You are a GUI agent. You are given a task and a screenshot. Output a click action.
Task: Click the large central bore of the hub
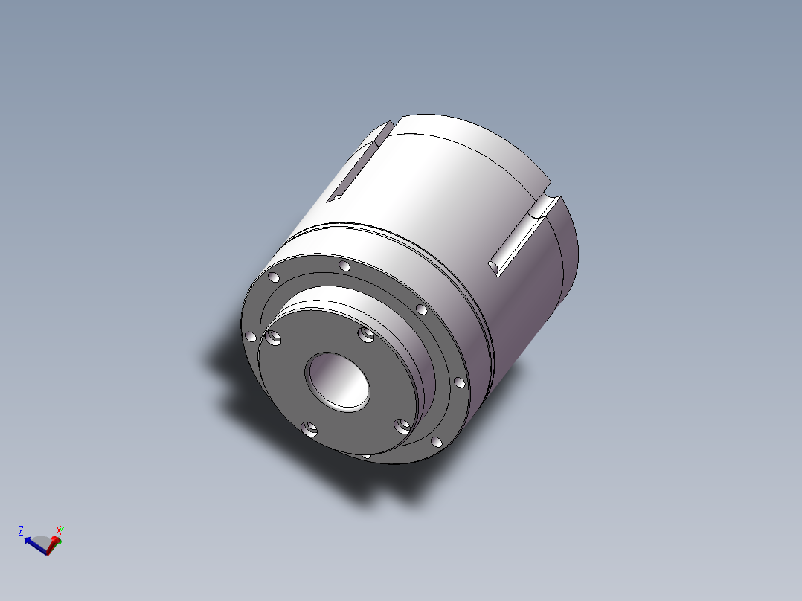click(x=338, y=381)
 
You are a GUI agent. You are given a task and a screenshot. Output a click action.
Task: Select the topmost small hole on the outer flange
click(x=344, y=266)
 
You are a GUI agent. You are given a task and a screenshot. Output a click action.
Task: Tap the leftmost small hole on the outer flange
click(x=251, y=336)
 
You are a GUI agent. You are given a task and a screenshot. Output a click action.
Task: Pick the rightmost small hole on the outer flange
click(x=459, y=382)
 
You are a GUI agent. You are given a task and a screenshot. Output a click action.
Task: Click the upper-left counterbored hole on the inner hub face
click(x=274, y=338)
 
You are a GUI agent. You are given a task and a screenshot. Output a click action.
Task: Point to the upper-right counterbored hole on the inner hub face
click(x=366, y=335)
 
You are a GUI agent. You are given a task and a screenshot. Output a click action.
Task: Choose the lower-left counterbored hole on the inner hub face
click(x=309, y=428)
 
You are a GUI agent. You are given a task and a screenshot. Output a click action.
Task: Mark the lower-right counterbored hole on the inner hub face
click(x=402, y=425)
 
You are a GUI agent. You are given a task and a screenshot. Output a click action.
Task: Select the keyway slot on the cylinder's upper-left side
click(x=359, y=161)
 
